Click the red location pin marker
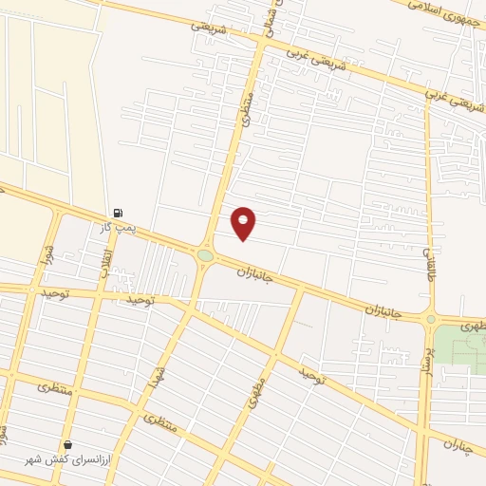point(244,222)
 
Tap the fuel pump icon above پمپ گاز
point(118,214)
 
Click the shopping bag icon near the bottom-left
point(67,445)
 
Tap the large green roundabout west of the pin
point(206,255)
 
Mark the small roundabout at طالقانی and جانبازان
point(430,319)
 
